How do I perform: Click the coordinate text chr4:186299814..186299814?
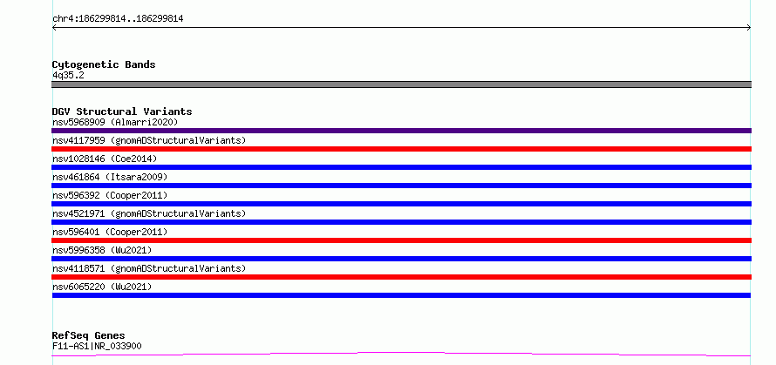[x=118, y=19]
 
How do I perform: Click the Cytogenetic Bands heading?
[x=104, y=64]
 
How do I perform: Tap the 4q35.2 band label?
[x=68, y=75]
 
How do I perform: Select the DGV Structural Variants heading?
[x=122, y=112]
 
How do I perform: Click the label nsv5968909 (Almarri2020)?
[x=115, y=122]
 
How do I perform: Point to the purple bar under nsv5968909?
[x=401, y=131]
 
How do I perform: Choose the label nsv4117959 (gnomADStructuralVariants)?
[x=149, y=140]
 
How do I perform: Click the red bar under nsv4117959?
[x=401, y=149]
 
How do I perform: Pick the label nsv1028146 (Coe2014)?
[x=105, y=159]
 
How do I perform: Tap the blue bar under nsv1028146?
[x=401, y=167]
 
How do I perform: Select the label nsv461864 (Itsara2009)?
[x=110, y=177]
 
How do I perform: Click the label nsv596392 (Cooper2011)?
[x=110, y=195]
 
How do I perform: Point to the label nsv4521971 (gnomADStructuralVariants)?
[x=149, y=213]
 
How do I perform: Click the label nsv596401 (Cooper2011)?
[x=110, y=232]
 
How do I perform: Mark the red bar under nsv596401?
[x=401, y=240]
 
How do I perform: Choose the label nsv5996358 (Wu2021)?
[x=102, y=250]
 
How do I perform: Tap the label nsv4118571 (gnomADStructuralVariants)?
[x=149, y=268]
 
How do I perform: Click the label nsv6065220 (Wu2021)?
[x=102, y=287]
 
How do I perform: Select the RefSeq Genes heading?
[x=88, y=335]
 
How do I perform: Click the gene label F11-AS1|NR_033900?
[x=97, y=346]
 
